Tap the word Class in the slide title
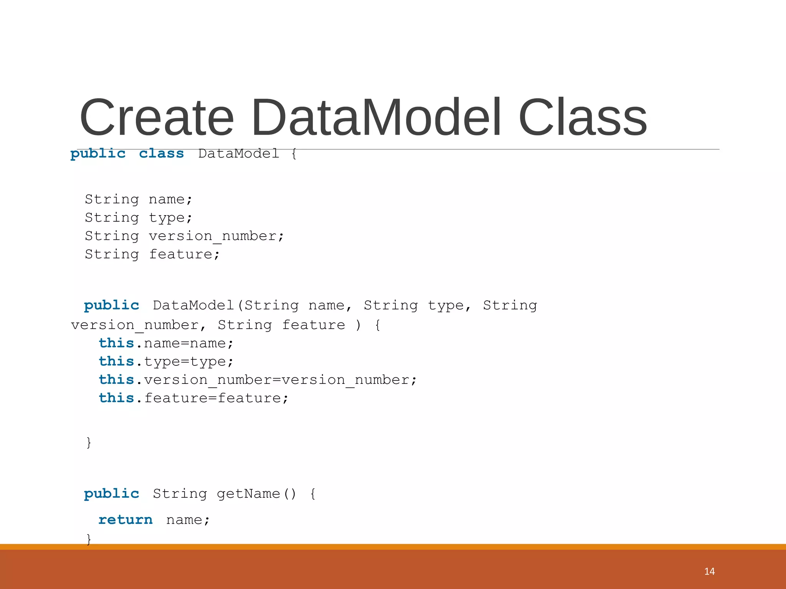tap(582, 118)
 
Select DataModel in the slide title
tap(376, 118)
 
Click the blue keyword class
tap(161, 154)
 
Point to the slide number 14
tap(709, 571)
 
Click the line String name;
tap(138, 199)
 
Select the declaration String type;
tap(138, 218)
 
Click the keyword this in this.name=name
tap(116, 343)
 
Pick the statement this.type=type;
tap(166, 362)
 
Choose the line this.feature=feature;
tap(193, 398)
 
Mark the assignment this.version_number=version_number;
tap(257, 380)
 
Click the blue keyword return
tap(125, 520)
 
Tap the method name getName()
tap(256, 494)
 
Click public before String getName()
tap(111, 494)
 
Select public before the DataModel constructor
tap(111, 306)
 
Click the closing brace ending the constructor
tap(89, 443)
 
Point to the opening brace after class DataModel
tap(294, 154)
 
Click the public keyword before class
tap(98, 154)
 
